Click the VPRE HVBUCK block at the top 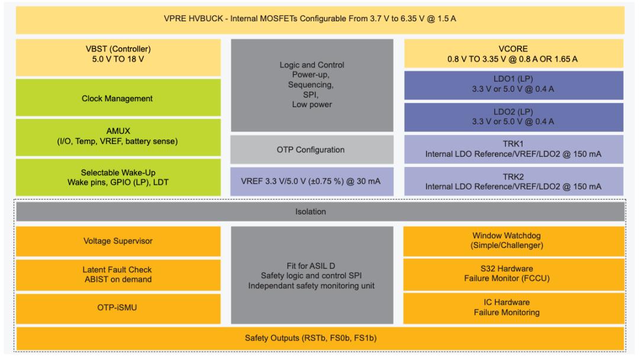(320, 20)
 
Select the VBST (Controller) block (118, 57)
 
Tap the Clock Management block (118, 98)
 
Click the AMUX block (118, 137)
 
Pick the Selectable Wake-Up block (118, 178)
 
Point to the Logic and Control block (312, 85)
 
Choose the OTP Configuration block (312, 150)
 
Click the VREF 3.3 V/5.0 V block (312, 181)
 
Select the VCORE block (514, 53)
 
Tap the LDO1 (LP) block (514, 85)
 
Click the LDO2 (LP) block (514, 117)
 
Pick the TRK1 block (514, 149)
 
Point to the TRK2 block (514, 181)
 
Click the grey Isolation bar (320, 211)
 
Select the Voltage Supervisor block (118, 242)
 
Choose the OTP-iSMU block (118, 308)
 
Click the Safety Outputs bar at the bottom (320, 339)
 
